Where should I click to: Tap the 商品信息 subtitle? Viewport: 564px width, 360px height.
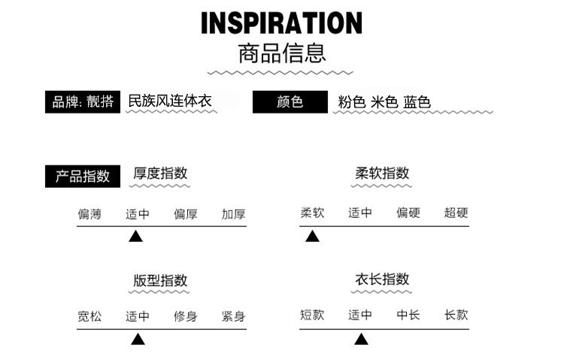[281, 54]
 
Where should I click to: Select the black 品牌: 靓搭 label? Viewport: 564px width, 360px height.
[83, 101]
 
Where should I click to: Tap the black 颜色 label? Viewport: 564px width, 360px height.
[290, 101]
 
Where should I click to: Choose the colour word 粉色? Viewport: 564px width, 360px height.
[350, 102]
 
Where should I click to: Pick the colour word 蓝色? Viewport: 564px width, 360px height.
[417, 102]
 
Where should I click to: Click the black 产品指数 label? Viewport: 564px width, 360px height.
[83, 176]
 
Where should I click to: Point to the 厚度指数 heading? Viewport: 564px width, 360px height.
[160, 173]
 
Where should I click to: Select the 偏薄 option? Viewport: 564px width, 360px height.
[89, 213]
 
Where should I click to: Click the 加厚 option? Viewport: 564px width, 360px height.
[233, 213]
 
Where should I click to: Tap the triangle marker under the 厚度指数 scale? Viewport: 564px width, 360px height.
[135, 237]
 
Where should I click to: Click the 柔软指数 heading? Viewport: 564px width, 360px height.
[382, 173]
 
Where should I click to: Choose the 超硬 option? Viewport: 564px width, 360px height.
[456, 213]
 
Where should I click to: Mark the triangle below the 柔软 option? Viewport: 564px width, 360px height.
[312, 237]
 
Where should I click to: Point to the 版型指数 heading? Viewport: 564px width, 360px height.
[160, 280]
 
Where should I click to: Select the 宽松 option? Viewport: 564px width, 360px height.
[89, 316]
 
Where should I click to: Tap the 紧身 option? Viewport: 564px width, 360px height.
[233, 316]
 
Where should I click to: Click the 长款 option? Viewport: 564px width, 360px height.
[456, 315]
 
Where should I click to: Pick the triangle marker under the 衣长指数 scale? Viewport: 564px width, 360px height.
[361, 340]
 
